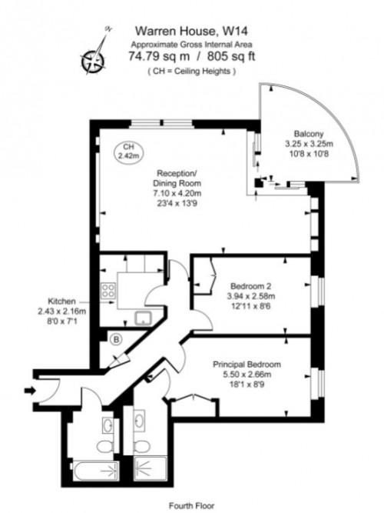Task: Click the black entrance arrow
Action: [x=30, y=391]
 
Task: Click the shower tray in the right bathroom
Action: [x=152, y=468]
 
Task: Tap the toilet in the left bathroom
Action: [x=103, y=446]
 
